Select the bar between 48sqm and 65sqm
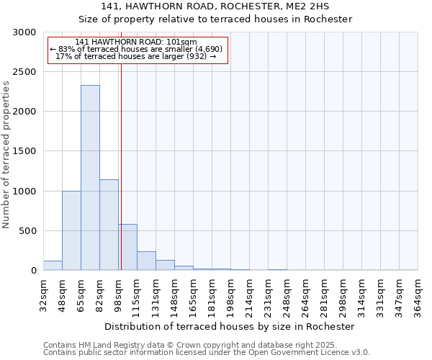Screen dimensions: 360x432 (71, 230)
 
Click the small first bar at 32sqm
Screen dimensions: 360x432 (53, 266)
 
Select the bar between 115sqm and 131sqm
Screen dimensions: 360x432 (146, 261)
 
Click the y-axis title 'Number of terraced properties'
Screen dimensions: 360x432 (6, 155)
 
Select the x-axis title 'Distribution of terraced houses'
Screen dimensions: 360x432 (230, 326)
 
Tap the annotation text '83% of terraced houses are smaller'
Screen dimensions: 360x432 (137, 49)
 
